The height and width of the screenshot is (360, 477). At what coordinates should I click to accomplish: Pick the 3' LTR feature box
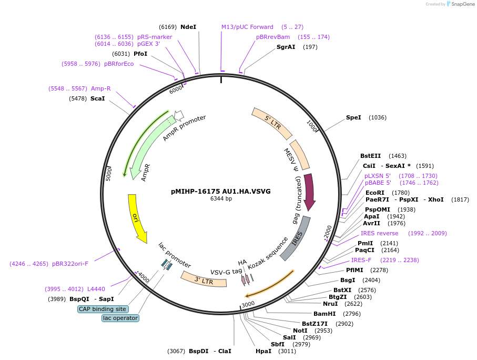tap(204, 279)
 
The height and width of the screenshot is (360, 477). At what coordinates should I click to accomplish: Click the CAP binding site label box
tap(103, 309)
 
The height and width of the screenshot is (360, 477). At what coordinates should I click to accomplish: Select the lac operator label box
tap(120, 318)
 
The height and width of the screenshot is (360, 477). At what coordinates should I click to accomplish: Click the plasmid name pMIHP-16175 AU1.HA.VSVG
tap(221, 191)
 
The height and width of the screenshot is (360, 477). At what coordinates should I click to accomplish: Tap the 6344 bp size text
tap(221, 199)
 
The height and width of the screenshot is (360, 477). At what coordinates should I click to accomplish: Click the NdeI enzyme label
tap(188, 27)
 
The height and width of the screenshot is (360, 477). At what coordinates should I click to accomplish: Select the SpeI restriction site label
tap(353, 117)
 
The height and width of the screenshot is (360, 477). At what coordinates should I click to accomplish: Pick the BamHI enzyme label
tap(324, 314)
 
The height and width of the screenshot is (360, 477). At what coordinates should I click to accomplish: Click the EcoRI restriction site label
tap(375, 193)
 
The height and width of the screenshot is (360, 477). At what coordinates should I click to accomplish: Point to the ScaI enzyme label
tap(97, 98)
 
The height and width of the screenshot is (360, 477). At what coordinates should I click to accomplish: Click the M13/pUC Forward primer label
tap(247, 27)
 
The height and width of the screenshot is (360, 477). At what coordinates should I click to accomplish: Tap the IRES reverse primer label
tap(379, 233)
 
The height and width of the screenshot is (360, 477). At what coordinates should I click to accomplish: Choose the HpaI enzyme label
tap(263, 351)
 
